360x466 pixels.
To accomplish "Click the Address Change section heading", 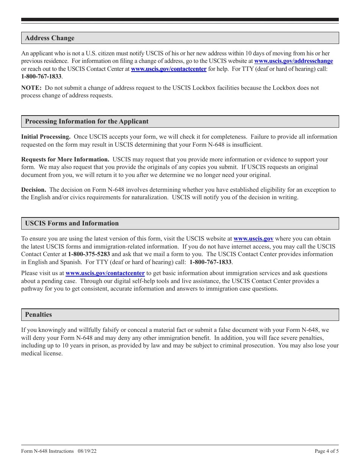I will click(50, 38).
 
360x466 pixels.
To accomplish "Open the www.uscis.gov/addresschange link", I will click(293, 61).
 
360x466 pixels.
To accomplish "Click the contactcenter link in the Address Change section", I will click(169, 69).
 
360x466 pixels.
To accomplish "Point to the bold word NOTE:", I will click(31, 88).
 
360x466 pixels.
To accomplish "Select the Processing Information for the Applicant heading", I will click(87, 122).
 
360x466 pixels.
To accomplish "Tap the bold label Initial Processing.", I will click(45, 137).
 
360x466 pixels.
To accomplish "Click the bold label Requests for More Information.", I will click(65, 160).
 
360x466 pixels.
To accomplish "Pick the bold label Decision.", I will click(33, 190).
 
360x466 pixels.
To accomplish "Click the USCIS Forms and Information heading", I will click(72, 224).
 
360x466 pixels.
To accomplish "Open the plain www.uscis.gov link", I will click(253, 239).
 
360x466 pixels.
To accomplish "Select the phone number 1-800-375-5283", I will click(89, 254).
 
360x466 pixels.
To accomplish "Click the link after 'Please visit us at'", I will click(105, 273).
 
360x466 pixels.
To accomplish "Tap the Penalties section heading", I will click(38, 314).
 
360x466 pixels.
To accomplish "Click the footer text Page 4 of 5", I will click(327, 451).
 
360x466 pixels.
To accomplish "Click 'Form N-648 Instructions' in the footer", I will click(47, 451).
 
